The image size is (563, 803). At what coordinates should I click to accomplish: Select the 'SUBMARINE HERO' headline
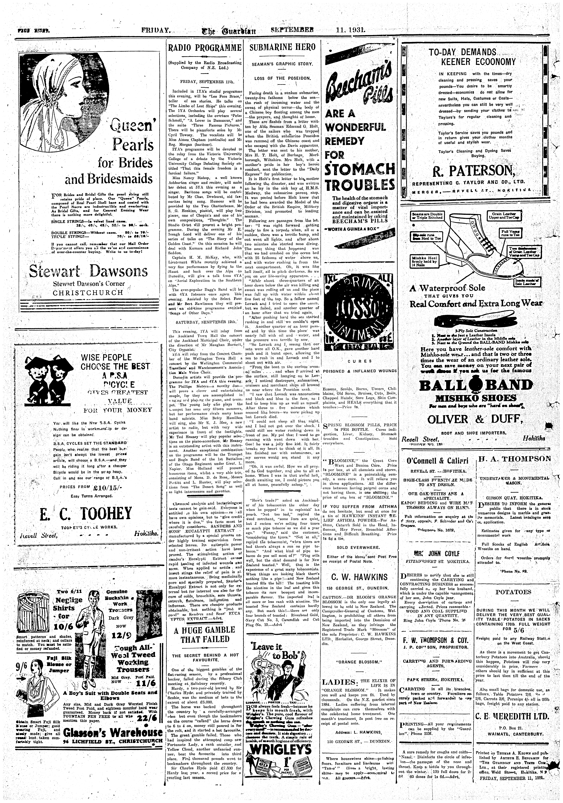coord(283,47)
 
